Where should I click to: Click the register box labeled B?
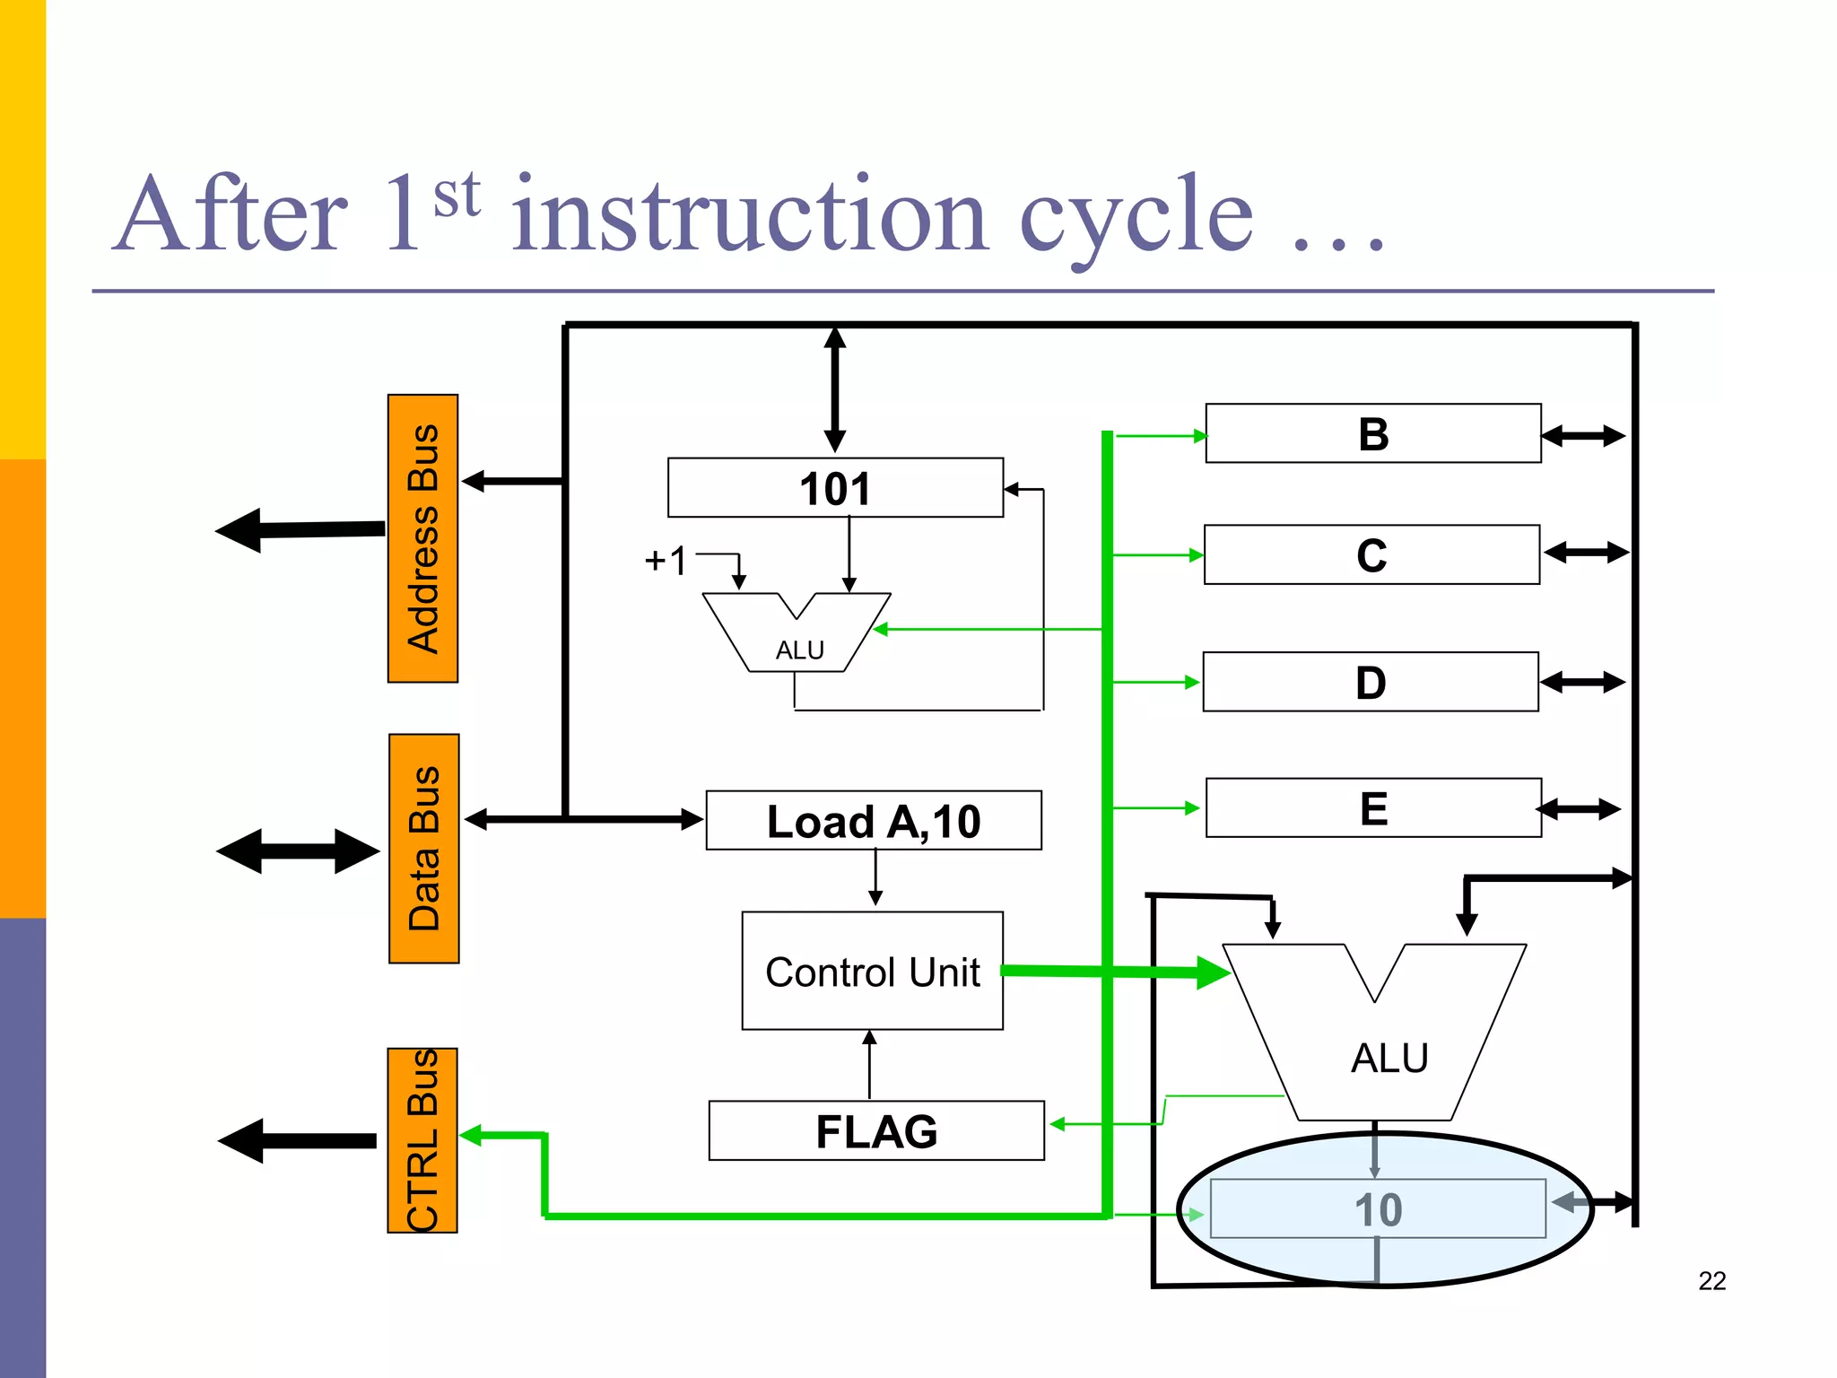coord(1372,433)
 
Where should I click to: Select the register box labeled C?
coord(1371,554)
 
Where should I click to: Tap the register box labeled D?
coord(1371,682)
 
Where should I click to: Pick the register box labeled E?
coord(1373,807)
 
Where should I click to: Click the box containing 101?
coord(835,488)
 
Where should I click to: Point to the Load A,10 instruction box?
coord(874,820)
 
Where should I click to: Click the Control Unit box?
coord(872,971)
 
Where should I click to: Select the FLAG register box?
coord(876,1130)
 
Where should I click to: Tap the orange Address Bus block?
coord(422,538)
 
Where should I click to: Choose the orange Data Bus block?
coord(424,849)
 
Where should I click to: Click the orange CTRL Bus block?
coord(422,1140)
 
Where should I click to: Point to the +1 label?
coord(666,561)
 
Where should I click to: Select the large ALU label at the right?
coord(1389,1058)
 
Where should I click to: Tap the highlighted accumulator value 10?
coord(1378,1209)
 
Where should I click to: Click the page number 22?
coord(1711,1280)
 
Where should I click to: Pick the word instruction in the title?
coord(750,215)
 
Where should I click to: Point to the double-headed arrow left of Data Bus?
coord(298,850)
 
